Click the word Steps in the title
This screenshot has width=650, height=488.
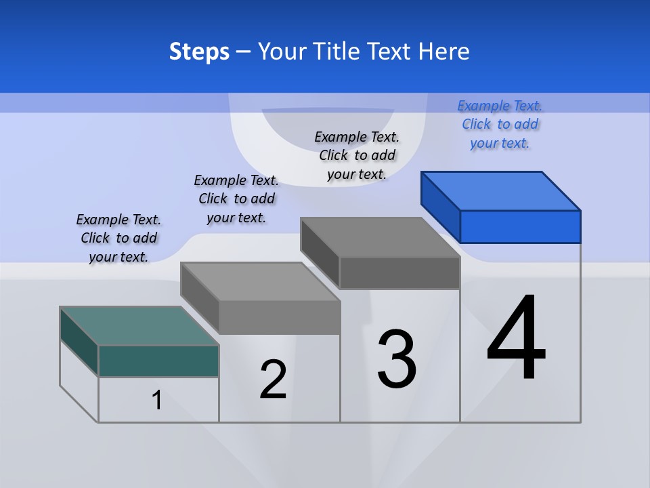point(199,52)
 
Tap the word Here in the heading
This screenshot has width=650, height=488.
point(444,52)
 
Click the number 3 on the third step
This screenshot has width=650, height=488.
point(397,359)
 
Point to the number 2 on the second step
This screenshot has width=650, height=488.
point(273,380)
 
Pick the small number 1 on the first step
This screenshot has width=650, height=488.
point(157,400)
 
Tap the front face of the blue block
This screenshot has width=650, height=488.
point(520,226)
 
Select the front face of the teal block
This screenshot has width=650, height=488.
point(158,361)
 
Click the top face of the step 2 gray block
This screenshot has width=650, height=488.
point(260,281)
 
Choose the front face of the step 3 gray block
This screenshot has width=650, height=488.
point(399,272)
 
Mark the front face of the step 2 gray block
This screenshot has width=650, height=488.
point(279,317)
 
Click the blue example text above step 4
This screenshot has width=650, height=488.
point(500,124)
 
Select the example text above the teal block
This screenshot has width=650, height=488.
point(118,238)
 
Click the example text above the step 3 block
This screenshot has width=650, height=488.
point(357,155)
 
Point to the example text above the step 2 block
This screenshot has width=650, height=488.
point(236,199)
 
